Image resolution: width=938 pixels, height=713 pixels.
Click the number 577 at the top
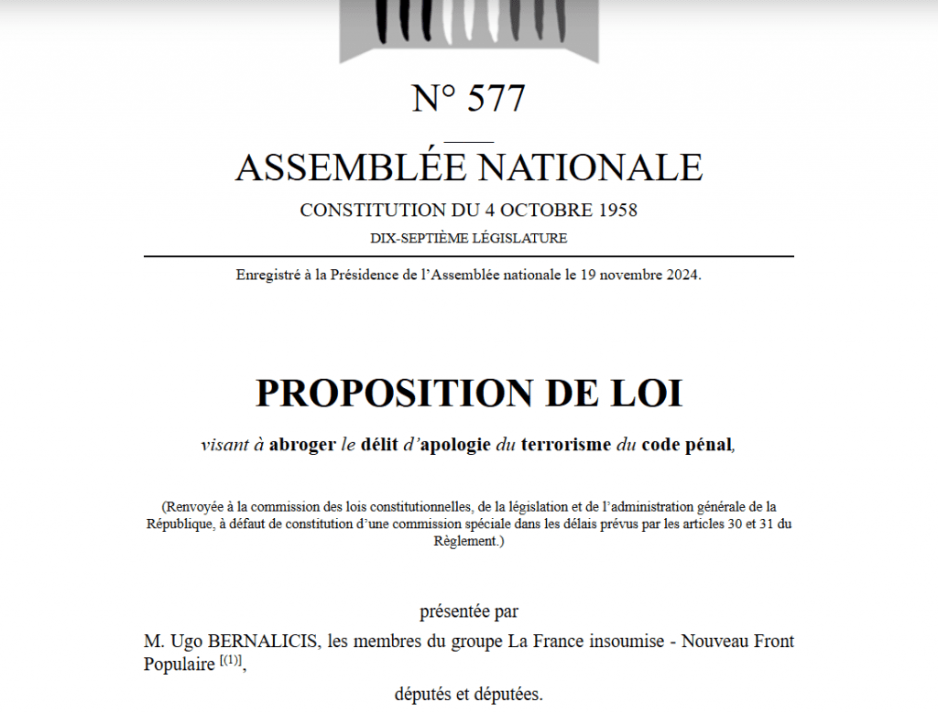(x=496, y=98)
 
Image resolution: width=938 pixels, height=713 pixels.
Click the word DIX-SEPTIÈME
(x=420, y=239)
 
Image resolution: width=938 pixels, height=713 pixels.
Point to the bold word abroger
(x=302, y=446)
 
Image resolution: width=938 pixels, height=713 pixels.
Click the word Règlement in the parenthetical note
(x=465, y=541)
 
